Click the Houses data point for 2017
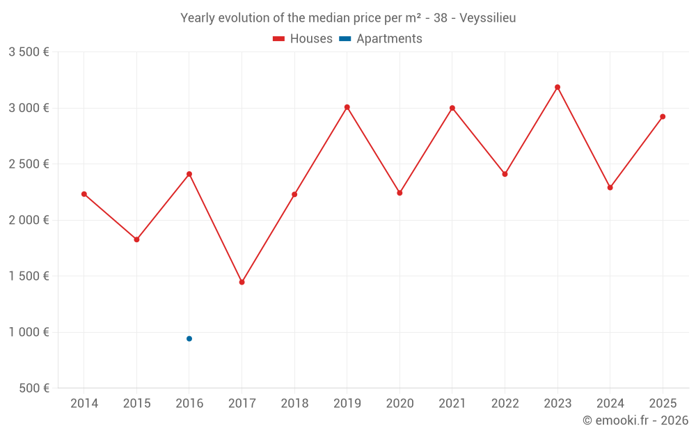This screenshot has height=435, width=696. pos(242,282)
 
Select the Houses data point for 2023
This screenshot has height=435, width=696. pos(557,87)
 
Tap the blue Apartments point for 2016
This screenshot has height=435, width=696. pos(189,339)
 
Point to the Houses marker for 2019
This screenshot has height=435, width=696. pos(347,107)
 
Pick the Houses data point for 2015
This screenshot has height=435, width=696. pos(136,239)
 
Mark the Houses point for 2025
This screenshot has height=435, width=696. pos(663,116)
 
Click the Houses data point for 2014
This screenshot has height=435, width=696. pos(84,194)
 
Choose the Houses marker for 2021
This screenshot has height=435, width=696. pos(452,108)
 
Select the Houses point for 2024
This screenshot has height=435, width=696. pos(610,187)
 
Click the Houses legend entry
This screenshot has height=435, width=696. pos(303,39)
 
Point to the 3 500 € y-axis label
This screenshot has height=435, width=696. pos(29,52)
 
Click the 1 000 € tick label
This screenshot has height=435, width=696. pos(29,332)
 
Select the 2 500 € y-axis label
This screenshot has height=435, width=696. pos(29,164)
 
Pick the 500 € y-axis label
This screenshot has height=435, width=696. pos(33,388)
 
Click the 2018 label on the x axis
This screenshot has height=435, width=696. pos(294,404)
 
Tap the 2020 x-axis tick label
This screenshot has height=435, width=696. pos(400,404)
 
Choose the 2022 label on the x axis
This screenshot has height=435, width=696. pos(505,404)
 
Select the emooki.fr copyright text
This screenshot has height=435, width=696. pos(635,420)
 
